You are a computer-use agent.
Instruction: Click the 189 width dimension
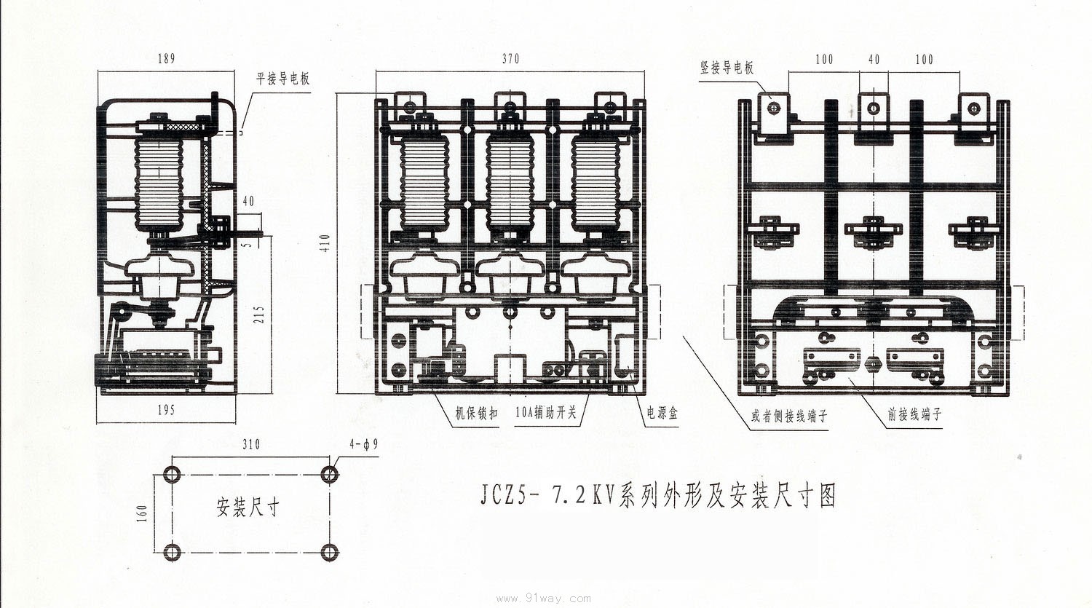166,59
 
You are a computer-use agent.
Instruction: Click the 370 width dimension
510,59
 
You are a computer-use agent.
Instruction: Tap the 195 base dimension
166,410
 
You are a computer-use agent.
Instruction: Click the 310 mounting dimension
250,444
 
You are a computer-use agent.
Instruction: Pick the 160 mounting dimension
143,513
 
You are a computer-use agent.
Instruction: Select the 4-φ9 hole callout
363,444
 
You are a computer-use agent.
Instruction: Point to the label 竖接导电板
727,68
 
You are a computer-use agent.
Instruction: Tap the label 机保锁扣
477,414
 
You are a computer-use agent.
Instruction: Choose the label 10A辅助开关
546,414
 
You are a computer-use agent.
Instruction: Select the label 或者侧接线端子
789,416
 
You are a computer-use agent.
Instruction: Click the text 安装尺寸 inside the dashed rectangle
248,506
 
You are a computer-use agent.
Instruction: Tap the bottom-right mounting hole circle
330,552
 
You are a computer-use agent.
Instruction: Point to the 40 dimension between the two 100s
874,59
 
